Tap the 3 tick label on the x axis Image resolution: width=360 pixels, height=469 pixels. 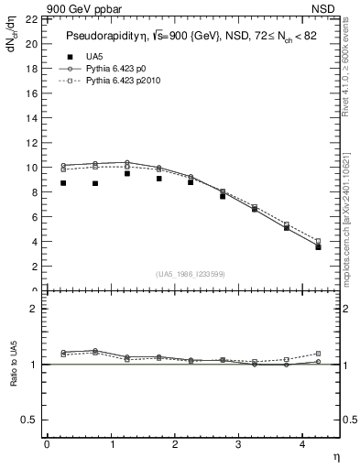click(238, 445)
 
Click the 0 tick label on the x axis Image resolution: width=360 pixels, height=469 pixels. click(47, 445)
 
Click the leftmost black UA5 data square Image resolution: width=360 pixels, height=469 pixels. click(63, 183)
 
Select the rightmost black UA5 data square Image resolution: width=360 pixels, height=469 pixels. click(318, 247)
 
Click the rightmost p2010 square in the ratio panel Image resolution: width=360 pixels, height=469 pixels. click(318, 354)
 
